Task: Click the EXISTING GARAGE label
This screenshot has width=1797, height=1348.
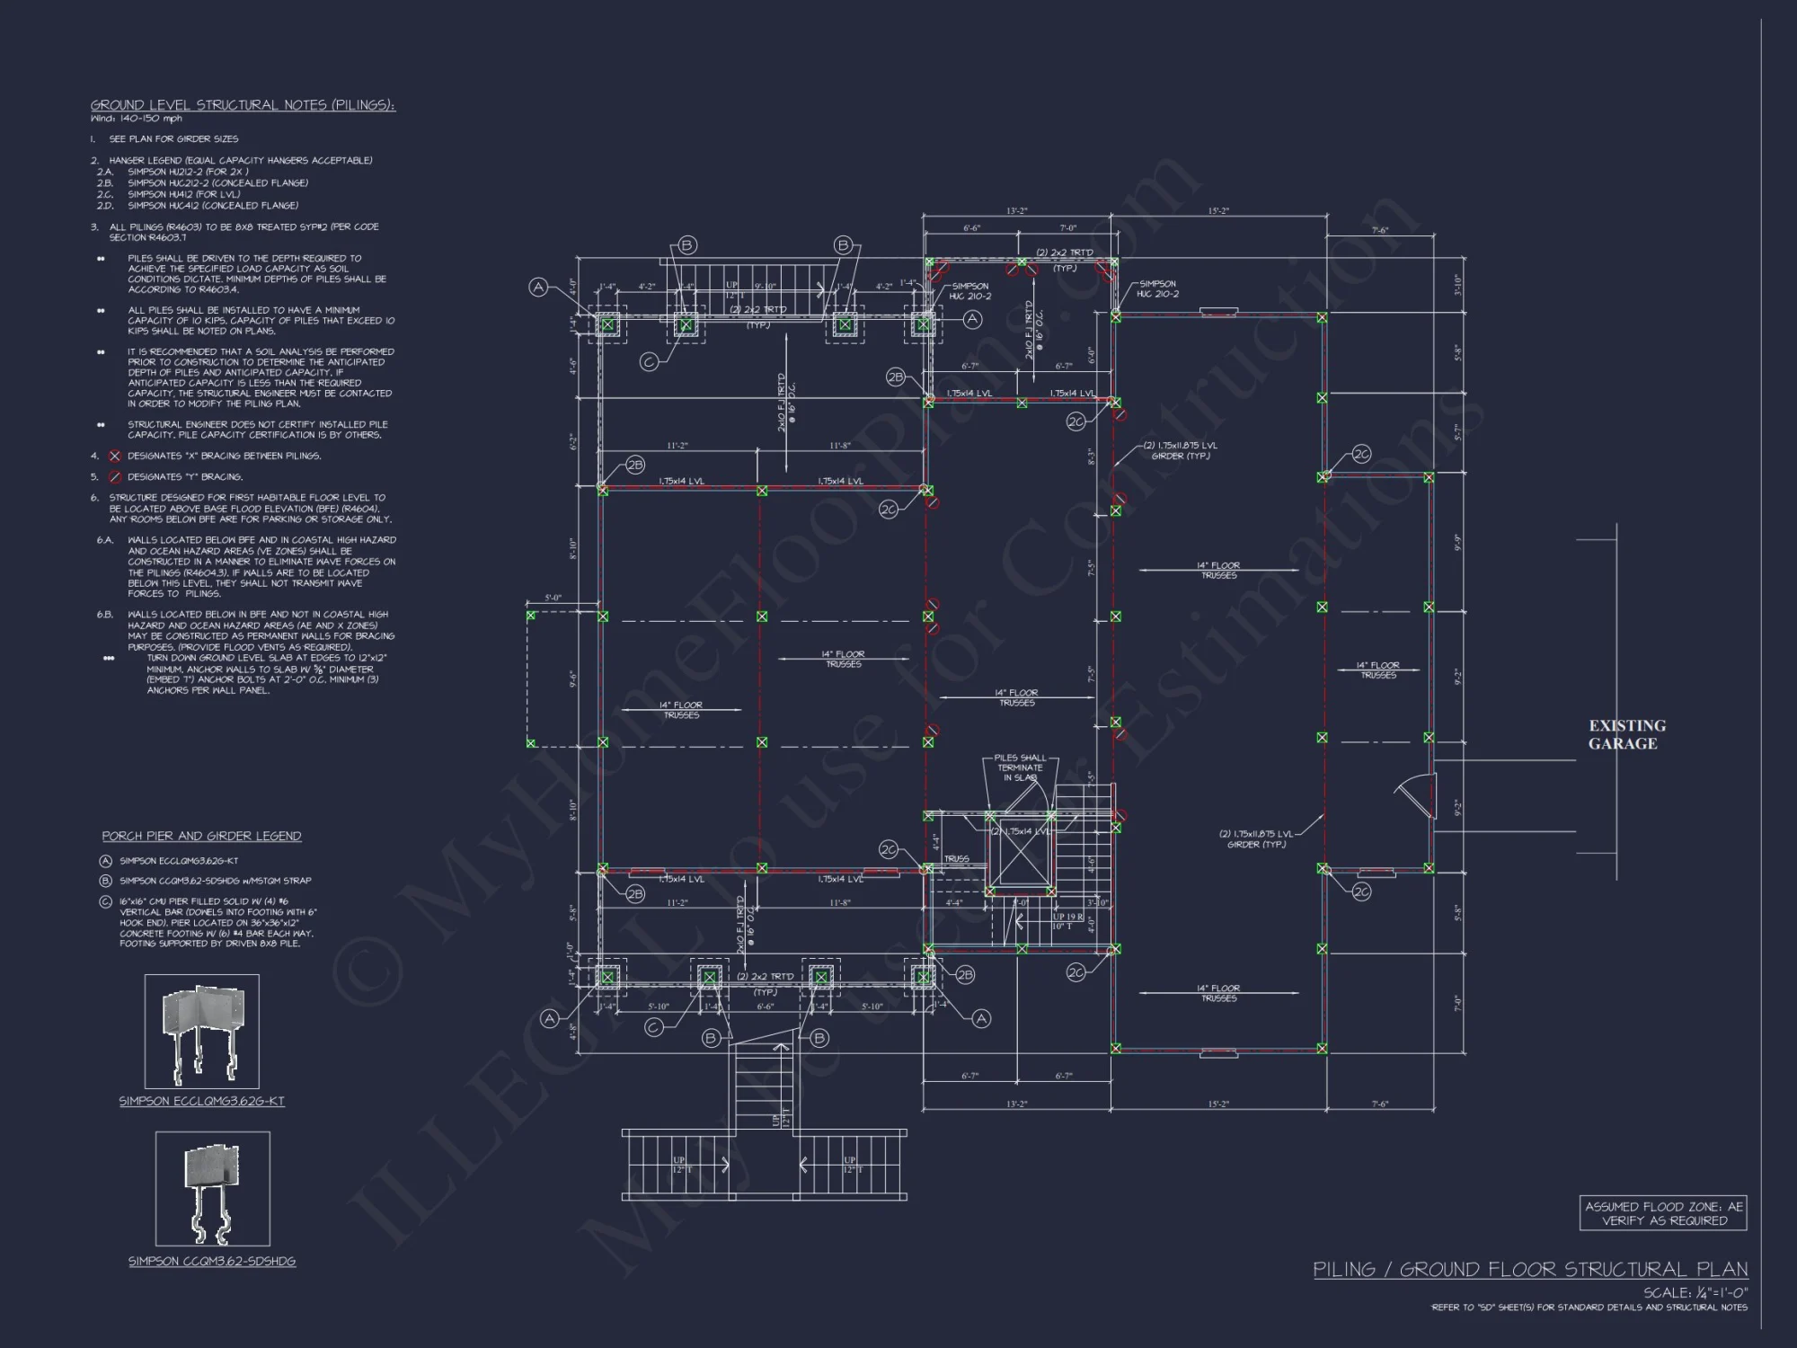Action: pos(1626,734)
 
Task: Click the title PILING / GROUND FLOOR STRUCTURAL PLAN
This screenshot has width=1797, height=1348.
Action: pos(1530,1269)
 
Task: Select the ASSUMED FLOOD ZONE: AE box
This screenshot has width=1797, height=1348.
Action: pos(1663,1213)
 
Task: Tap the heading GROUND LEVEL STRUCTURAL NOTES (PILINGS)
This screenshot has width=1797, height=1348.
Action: pos(243,105)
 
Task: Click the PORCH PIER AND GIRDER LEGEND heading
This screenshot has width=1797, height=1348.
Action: pos(201,836)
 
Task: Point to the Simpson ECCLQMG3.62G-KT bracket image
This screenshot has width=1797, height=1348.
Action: pos(202,1032)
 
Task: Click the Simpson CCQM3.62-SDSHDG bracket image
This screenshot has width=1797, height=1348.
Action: pos(213,1188)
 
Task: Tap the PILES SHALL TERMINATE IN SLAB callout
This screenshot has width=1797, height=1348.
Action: pos(1020,767)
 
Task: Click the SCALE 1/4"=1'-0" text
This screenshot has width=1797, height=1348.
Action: pos(1695,1292)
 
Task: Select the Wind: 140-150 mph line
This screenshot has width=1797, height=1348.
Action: pos(136,118)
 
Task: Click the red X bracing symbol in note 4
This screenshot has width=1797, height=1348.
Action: pos(114,456)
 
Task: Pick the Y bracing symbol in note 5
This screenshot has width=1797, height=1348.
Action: pos(114,477)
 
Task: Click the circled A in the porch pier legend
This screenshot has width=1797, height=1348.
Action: pos(106,861)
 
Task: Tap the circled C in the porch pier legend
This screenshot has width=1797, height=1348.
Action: pos(106,901)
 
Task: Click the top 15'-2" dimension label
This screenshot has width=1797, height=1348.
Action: pos(1218,211)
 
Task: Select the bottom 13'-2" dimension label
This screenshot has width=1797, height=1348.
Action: pos(1016,1104)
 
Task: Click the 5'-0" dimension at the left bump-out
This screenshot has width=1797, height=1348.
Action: pos(553,598)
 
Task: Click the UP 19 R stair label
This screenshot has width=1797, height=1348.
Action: pos(1069,918)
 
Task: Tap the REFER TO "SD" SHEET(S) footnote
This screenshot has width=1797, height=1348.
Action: pos(1589,1308)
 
